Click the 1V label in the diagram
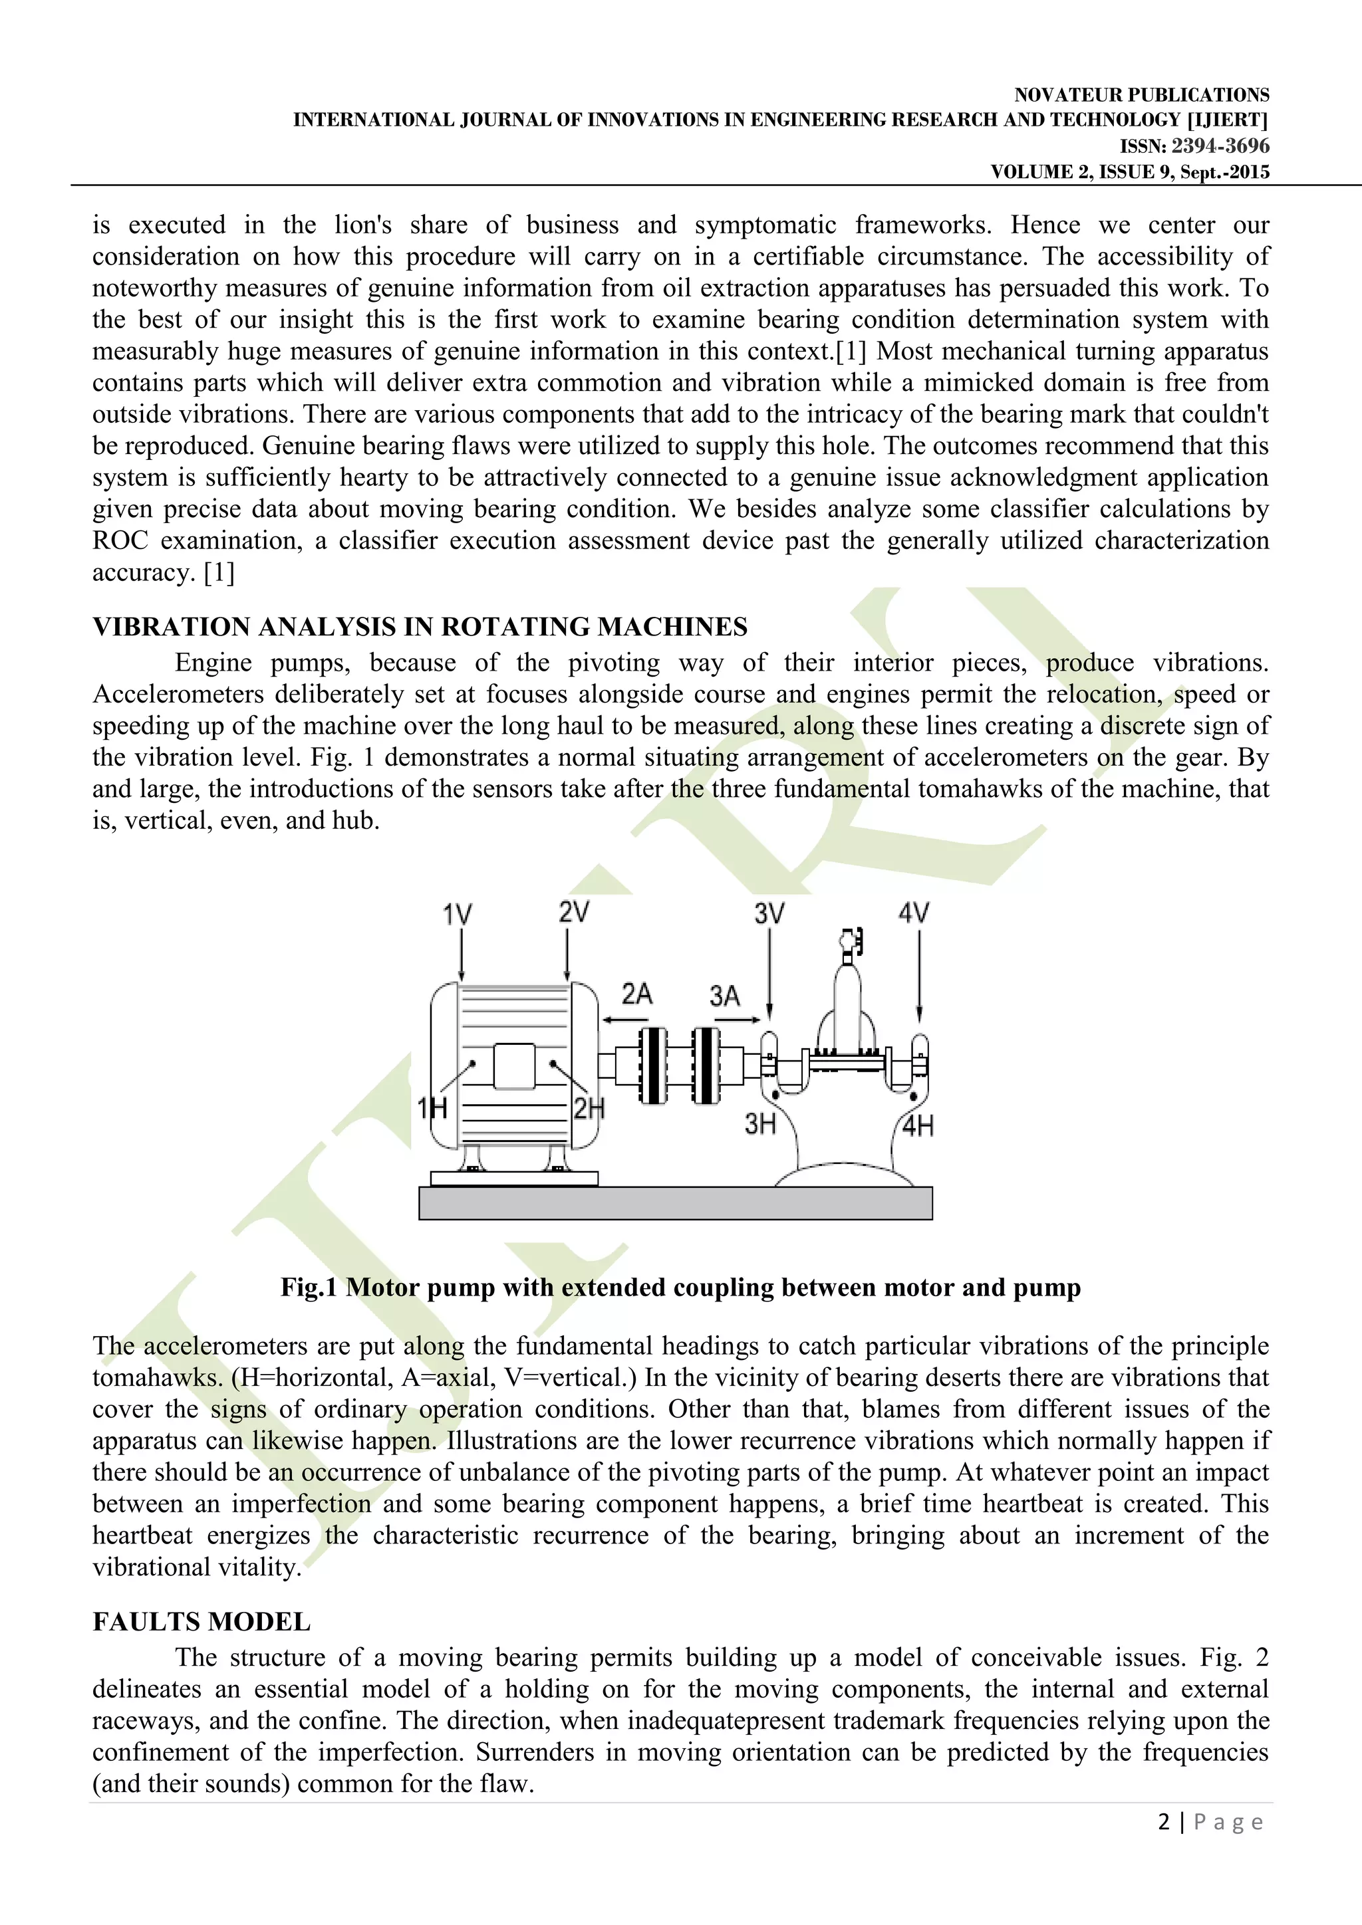point(457,914)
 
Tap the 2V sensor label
point(574,911)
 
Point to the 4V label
point(913,912)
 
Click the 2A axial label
point(636,994)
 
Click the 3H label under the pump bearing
point(760,1123)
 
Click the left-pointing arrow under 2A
point(626,1020)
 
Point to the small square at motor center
point(514,1066)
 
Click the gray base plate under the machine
point(675,1202)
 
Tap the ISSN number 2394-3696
point(1220,146)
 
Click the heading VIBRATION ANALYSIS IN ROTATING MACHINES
point(420,627)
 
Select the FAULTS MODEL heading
point(202,1621)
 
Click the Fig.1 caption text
point(680,1287)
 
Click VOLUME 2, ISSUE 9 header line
point(1130,172)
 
